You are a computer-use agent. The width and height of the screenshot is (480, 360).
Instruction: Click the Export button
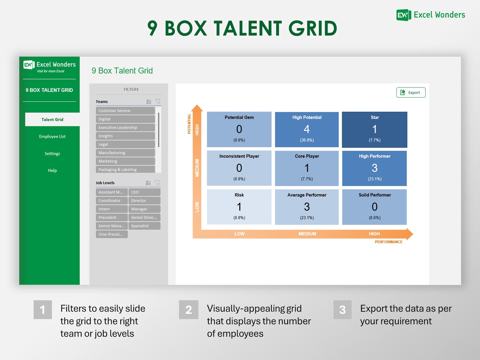(x=411, y=92)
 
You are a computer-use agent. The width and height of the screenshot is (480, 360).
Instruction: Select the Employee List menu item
(x=52, y=136)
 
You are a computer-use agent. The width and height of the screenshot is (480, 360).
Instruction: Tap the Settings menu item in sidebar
(x=52, y=154)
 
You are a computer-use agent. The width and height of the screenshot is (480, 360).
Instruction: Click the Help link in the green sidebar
(x=52, y=170)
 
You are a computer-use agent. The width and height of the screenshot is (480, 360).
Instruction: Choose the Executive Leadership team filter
(x=125, y=128)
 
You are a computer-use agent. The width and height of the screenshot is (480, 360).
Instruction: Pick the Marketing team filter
(x=125, y=161)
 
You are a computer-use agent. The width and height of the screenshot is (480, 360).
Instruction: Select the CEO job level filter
(x=144, y=192)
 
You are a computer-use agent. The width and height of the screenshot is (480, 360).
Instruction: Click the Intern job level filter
(x=112, y=209)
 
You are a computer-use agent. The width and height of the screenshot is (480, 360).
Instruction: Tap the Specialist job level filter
(x=144, y=226)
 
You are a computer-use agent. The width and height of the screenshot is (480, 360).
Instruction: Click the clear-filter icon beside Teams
(x=158, y=102)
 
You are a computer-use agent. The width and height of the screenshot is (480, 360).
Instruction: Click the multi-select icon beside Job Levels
(x=148, y=183)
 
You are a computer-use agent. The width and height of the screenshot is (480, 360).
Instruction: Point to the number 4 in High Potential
(x=306, y=129)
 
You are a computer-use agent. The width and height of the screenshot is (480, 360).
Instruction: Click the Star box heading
(x=375, y=117)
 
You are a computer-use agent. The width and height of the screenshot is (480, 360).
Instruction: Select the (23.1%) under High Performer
(x=375, y=179)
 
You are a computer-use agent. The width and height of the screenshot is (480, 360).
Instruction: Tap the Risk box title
(x=239, y=195)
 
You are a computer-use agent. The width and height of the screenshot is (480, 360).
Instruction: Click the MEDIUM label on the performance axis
(x=307, y=234)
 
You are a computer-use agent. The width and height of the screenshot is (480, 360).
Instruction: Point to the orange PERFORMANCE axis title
(x=388, y=242)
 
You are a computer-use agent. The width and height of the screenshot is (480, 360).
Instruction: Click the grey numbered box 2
(x=189, y=310)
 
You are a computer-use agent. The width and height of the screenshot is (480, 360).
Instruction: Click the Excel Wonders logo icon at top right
(x=404, y=15)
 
